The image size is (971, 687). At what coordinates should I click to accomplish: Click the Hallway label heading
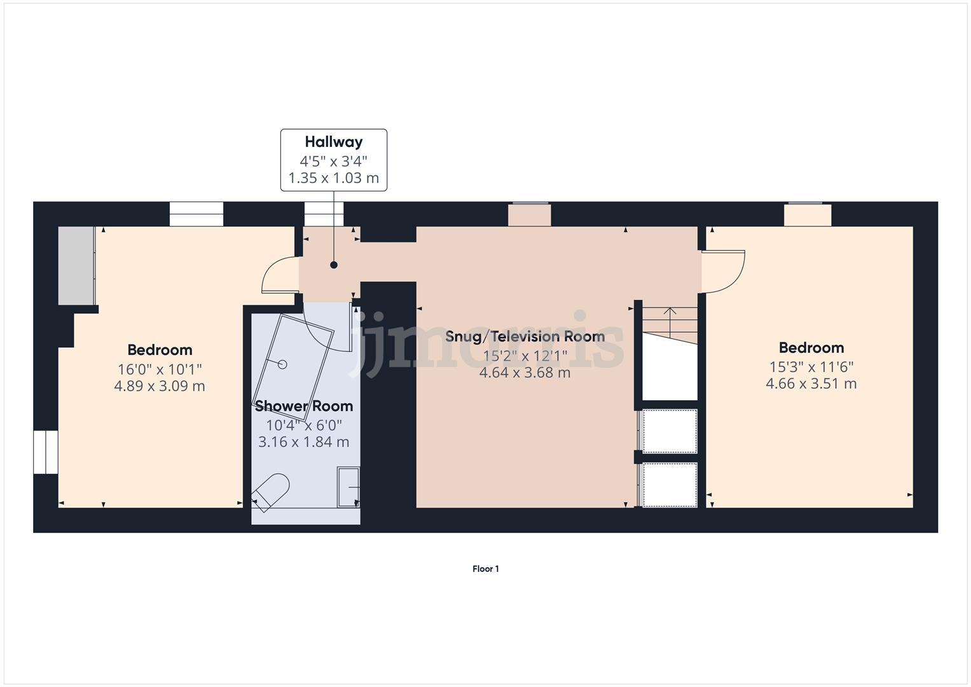333,142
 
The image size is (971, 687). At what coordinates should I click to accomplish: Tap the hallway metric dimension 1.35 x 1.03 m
333,178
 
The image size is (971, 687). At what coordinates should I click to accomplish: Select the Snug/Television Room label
525,337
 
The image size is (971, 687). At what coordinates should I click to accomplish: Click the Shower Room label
303,406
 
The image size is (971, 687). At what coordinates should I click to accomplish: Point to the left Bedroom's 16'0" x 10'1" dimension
160,369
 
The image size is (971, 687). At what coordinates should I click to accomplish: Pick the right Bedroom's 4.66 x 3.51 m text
811,384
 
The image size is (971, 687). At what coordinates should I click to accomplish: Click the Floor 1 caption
485,569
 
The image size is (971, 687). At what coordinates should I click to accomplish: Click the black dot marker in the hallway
333,265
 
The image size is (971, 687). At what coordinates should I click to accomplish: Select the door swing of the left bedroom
279,275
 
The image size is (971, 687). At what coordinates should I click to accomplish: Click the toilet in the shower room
271,491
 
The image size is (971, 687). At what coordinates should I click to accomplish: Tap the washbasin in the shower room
348,487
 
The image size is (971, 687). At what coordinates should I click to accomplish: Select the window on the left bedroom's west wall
46,452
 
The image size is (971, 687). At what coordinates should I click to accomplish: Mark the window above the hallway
324,214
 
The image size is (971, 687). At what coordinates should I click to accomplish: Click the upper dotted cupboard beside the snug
670,431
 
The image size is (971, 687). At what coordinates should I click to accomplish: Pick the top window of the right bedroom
807,214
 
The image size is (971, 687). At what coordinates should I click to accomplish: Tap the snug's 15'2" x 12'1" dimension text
525,356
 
